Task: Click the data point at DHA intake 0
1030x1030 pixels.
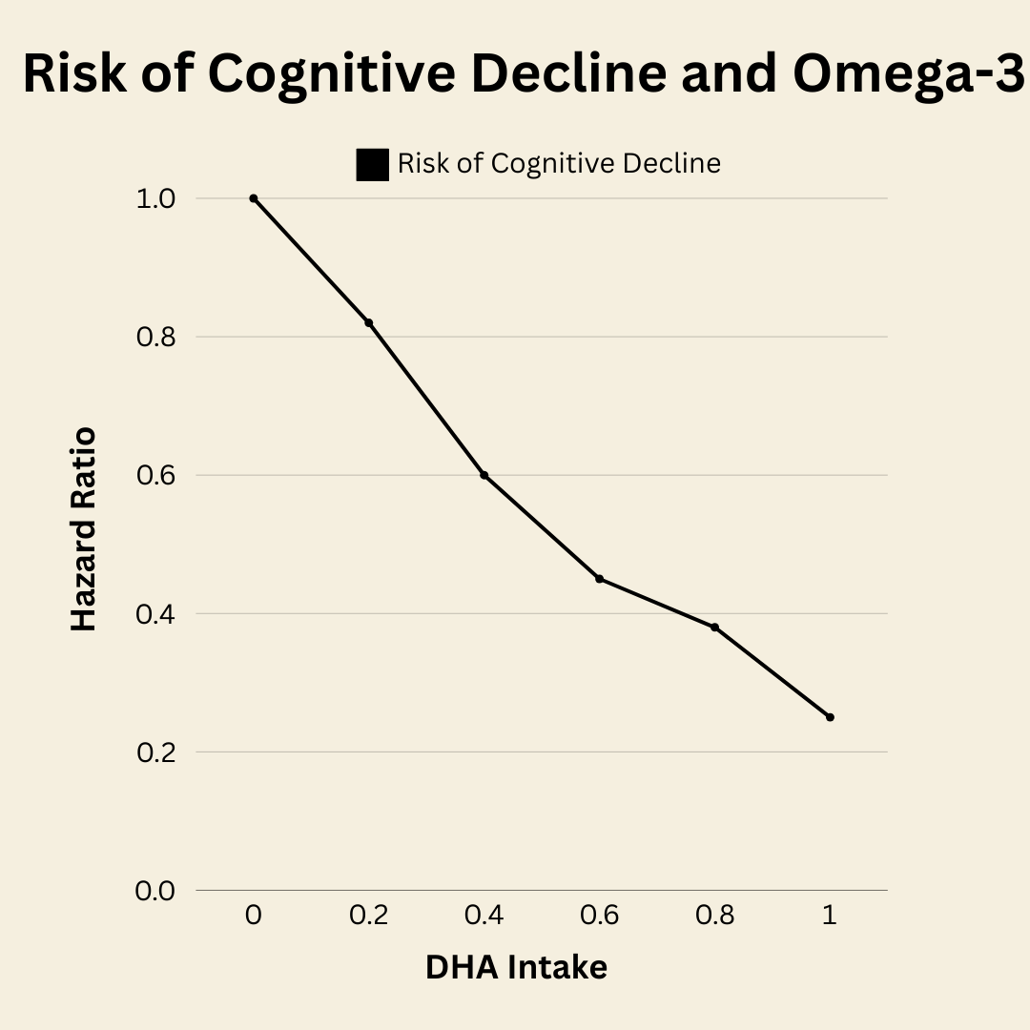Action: [254, 198]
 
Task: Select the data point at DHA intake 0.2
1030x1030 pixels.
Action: [368, 322]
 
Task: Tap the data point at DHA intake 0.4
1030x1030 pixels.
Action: [484, 475]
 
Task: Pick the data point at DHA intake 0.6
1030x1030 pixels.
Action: [599, 579]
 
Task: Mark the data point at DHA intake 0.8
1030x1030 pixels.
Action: [714, 627]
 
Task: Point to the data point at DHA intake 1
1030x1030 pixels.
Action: [830, 717]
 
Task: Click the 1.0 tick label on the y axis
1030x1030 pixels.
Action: [155, 199]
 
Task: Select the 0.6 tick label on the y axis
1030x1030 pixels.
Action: [155, 476]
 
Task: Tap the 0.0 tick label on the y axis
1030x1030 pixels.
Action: [155, 891]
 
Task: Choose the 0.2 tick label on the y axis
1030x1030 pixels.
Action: [155, 752]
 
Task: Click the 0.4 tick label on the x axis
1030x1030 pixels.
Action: [484, 916]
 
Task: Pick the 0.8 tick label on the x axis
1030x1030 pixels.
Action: [714, 916]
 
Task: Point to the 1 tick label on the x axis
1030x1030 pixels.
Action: [830, 916]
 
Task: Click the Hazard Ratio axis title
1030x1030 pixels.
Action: [84, 529]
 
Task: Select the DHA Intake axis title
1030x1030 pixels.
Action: [516, 967]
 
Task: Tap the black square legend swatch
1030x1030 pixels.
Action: [372, 165]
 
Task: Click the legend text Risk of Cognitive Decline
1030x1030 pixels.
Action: [559, 164]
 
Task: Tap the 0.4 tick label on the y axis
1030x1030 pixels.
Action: [155, 614]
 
